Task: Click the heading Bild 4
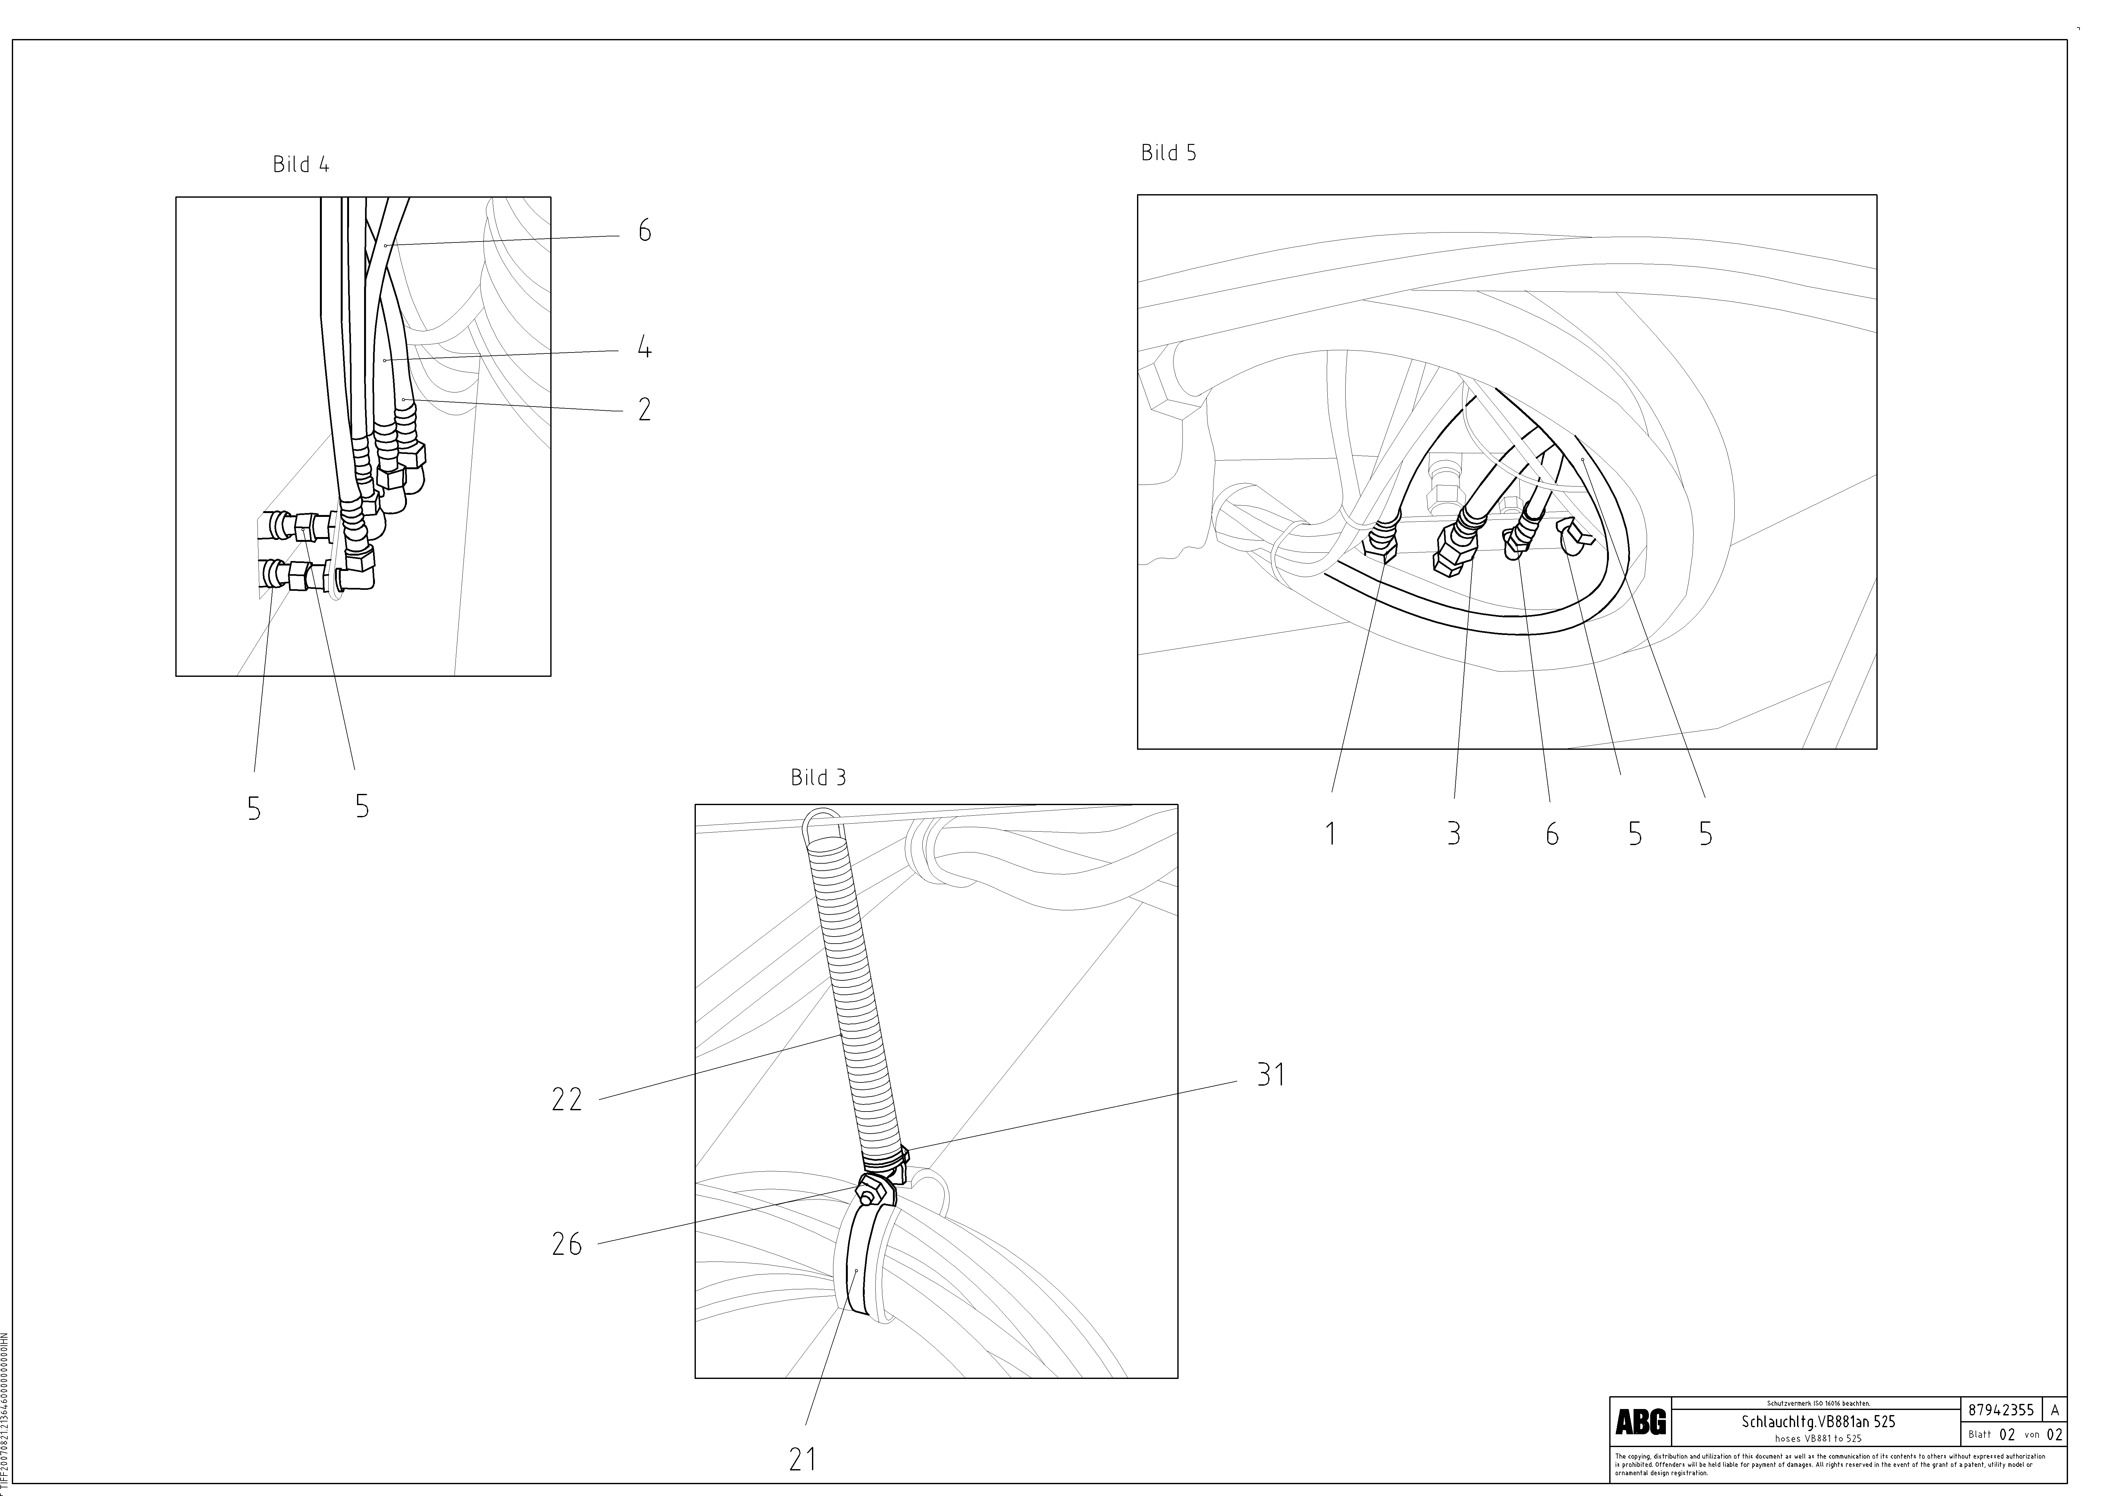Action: click(300, 165)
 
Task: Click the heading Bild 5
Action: click(1169, 153)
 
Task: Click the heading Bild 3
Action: click(817, 778)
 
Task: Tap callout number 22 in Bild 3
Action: click(567, 1100)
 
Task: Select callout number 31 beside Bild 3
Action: click(1271, 1075)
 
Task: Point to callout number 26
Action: click(567, 1245)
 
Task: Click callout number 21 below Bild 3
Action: click(803, 1459)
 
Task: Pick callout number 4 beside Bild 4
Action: click(644, 349)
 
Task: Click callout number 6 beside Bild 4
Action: click(644, 231)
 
